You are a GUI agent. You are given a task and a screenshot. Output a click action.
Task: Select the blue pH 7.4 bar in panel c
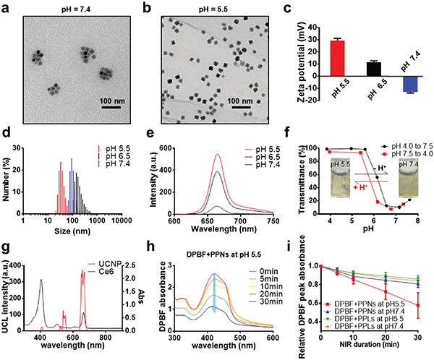389,82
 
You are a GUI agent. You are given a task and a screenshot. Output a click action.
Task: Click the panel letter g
8,244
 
